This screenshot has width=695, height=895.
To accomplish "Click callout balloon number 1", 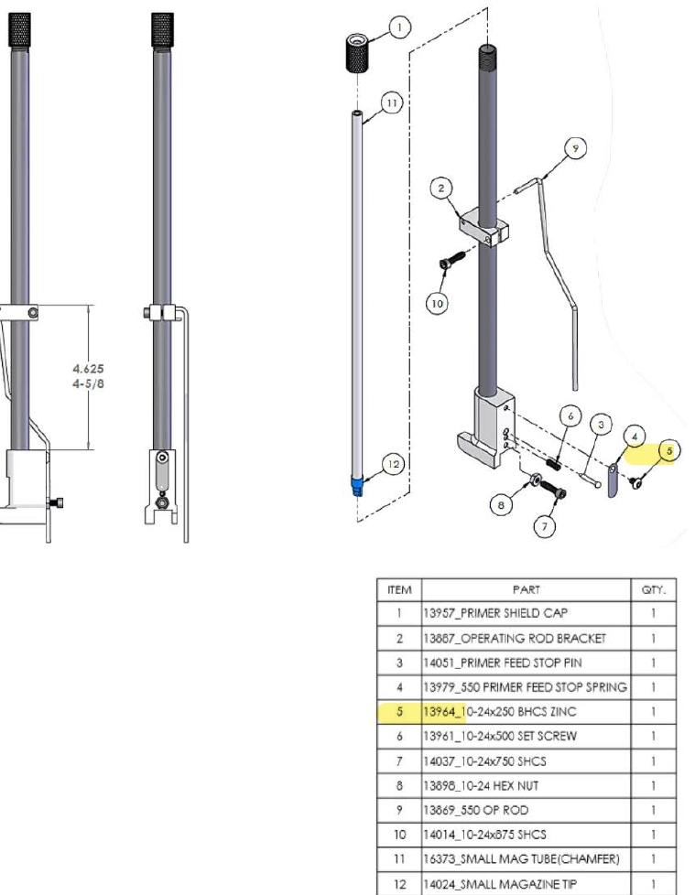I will (399, 27).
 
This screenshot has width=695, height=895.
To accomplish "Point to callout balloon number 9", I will (575, 146).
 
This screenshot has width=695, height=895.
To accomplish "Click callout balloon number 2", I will (442, 188).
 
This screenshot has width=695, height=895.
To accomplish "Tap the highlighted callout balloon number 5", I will (669, 450).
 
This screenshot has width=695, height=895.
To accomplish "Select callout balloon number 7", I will (546, 526).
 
